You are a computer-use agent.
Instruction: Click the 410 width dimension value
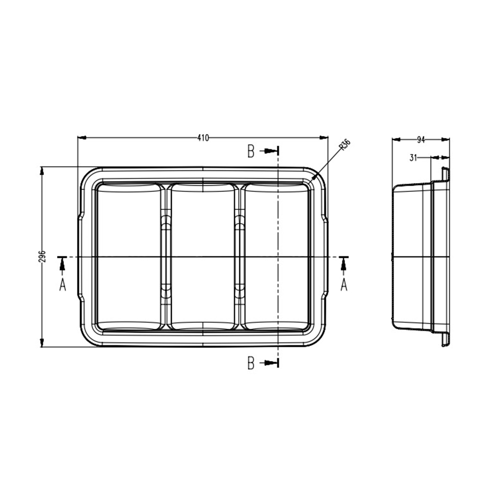click(203, 138)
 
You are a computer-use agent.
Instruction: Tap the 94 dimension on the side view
click(421, 140)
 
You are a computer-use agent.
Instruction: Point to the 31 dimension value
click(413, 158)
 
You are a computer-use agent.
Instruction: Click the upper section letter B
click(251, 151)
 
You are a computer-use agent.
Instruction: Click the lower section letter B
click(251, 363)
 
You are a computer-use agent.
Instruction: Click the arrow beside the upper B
click(269, 151)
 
